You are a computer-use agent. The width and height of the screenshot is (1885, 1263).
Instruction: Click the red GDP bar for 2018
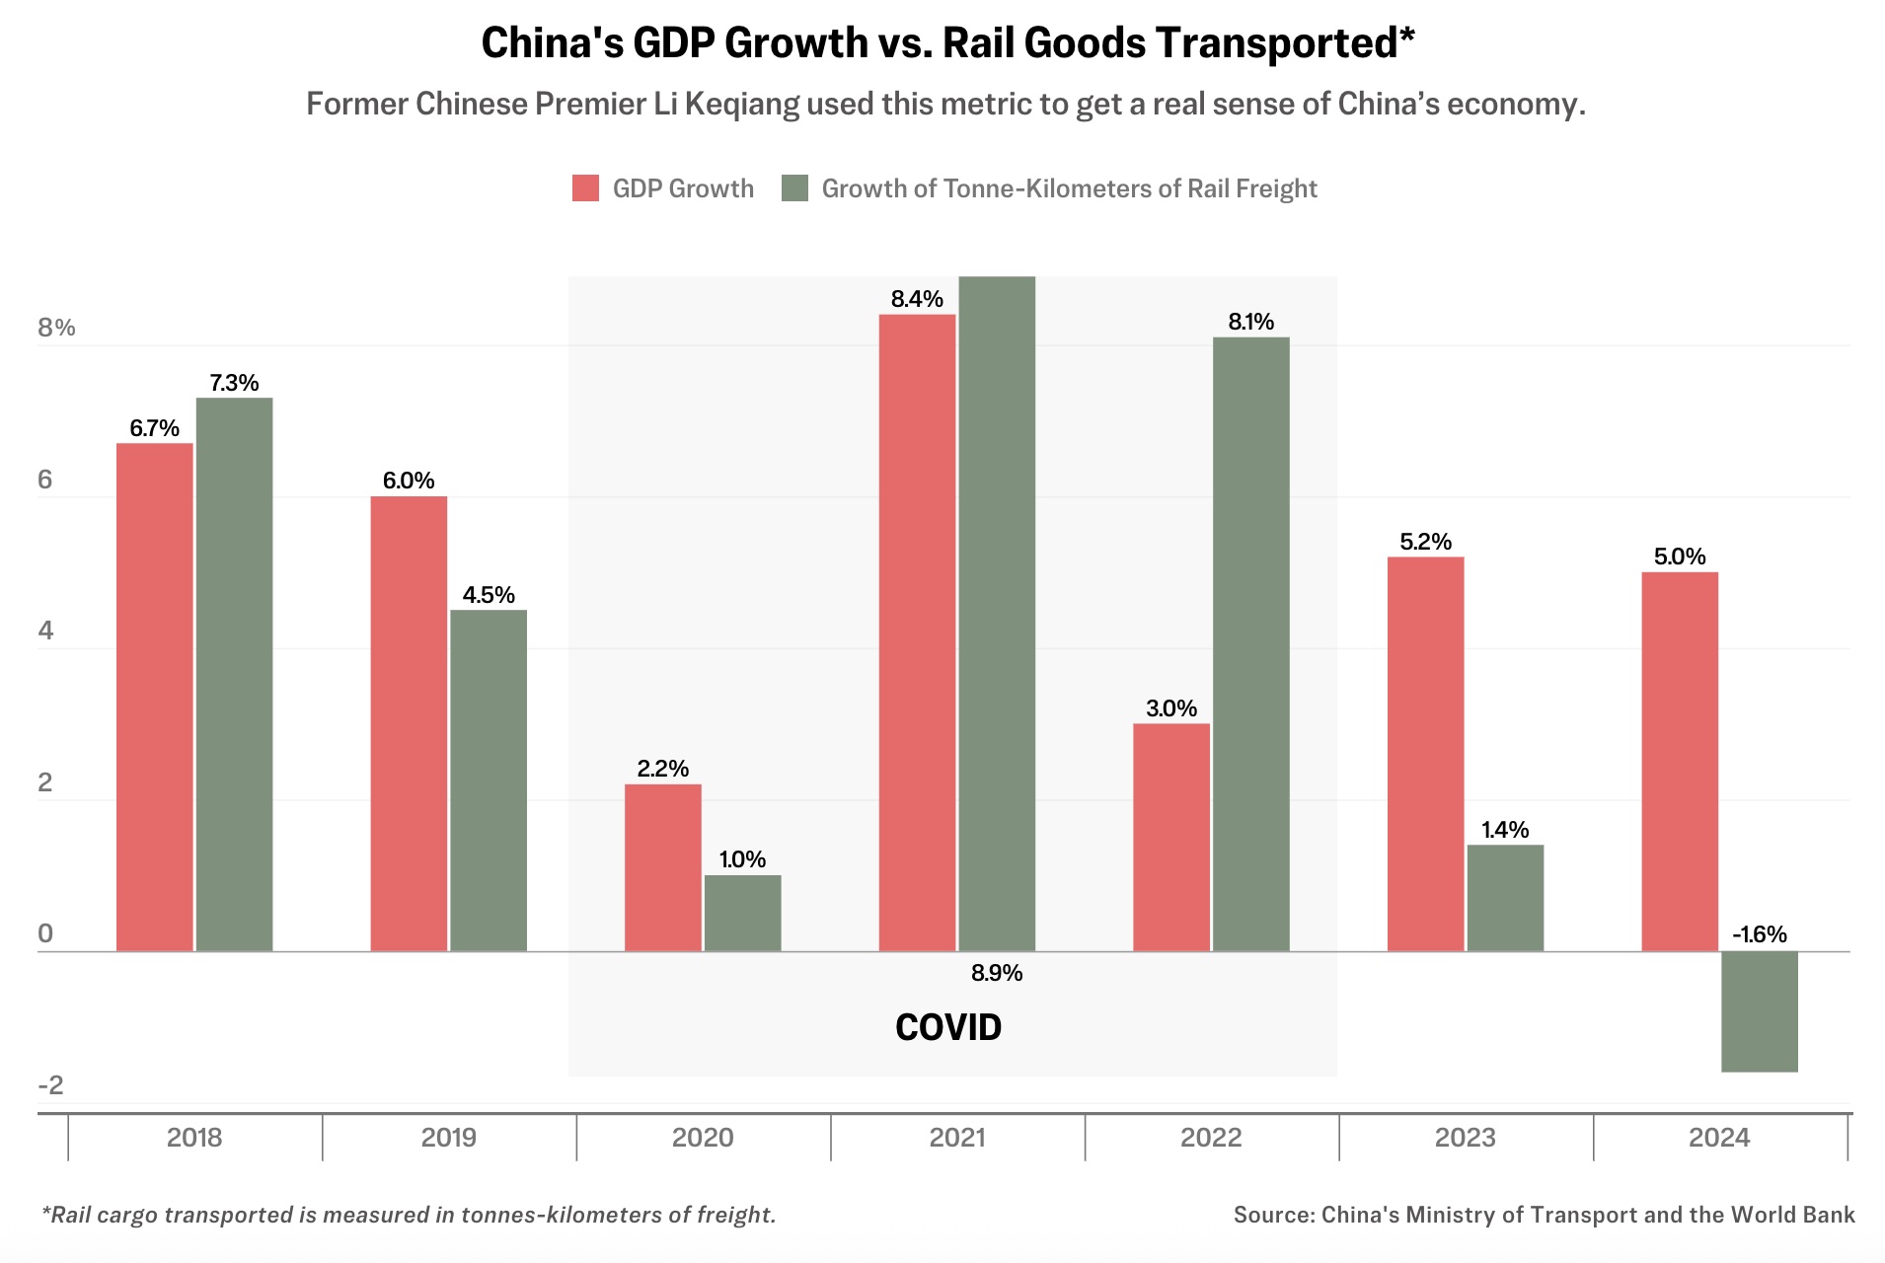pos(155,697)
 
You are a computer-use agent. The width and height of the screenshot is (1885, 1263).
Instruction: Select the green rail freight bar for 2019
pos(489,780)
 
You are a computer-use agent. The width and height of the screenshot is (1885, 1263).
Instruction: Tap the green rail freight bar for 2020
pos(742,913)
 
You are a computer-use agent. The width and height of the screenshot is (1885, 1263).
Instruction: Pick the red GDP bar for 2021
pos(917,632)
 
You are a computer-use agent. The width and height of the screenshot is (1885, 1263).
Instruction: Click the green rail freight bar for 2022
pos(1250,644)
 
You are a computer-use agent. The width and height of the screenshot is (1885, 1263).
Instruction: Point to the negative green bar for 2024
pos(1759,1011)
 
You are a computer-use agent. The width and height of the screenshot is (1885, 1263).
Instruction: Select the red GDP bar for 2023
pos(1425,754)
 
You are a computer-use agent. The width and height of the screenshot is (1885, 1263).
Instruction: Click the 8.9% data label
pos(997,973)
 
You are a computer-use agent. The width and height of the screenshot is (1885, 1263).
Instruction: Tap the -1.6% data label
pos(1759,934)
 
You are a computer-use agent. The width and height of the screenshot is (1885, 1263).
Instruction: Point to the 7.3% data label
pos(234,383)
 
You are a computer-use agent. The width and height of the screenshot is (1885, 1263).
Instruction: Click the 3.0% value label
pos(1171,708)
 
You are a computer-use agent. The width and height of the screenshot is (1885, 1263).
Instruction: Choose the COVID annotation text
pos(948,1028)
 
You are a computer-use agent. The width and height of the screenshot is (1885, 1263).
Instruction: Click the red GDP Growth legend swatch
pos(585,188)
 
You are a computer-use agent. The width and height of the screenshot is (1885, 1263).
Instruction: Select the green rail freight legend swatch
pos(794,188)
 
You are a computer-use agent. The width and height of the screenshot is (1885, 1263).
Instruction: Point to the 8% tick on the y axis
pos(56,328)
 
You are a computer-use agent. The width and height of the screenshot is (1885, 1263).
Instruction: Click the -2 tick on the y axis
pos(50,1085)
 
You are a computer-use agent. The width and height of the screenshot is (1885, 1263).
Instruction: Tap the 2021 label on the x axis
pos(957,1138)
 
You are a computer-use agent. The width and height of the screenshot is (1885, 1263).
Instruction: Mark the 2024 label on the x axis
pos(1719,1138)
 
